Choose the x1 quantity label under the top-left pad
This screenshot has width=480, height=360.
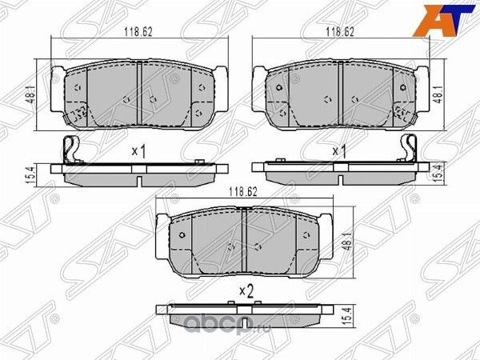138,151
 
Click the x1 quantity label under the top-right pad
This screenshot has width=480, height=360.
338,151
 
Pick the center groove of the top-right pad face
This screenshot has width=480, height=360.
340,94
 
